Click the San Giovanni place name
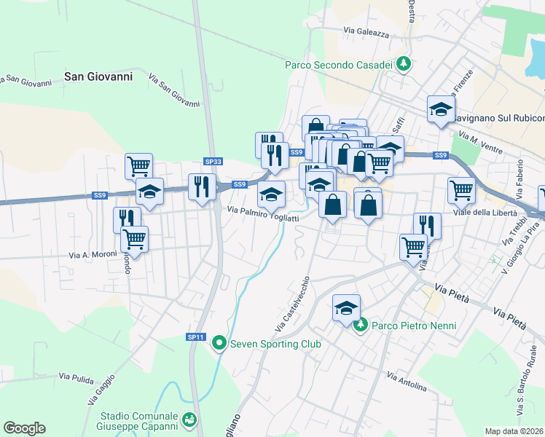(x=98, y=75)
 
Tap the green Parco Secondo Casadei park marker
(x=403, y=65)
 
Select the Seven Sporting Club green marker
(x=219, y=343)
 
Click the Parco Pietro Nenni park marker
(x=360, y=325)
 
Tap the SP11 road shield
(x=195, y=336)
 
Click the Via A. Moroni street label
(x=93, y=255)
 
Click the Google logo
(x=24, y=428)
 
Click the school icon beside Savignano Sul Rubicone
(x=440, y=109)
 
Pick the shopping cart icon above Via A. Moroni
(x=133, y=237)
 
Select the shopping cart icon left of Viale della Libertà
(x=461, y=190)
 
